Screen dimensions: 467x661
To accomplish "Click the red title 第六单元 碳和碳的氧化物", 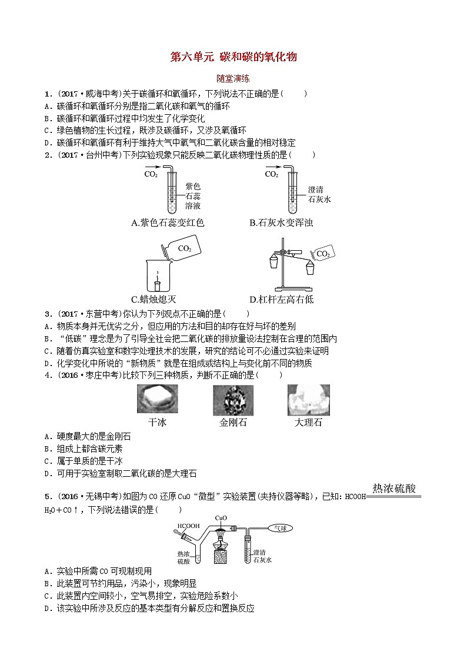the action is (x=233, y=57).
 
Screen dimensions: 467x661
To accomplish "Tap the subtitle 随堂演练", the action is (x=233, y=78).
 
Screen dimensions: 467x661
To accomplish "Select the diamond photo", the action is (x=233, y=400).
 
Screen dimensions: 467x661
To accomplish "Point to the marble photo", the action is (x=308, y=400).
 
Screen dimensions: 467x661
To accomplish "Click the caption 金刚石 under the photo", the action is (x=233, y=422).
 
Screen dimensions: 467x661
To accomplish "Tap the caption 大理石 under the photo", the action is (x=308, y=422).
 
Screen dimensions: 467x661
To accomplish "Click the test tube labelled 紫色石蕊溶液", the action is (x=170, y=194).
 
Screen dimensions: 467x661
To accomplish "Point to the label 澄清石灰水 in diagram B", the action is (x=319, y=194).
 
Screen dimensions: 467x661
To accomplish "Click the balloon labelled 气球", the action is (x=280, y=529).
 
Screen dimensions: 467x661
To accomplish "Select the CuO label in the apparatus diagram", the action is (x=221, y=518).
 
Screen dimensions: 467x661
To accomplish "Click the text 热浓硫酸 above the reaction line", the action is (x=395, y=488).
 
